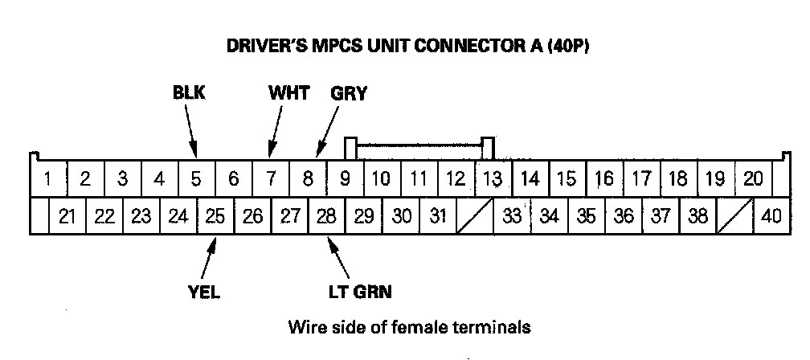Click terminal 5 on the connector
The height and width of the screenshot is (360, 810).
tap(196, 178)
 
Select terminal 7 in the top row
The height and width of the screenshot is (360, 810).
tap(272, 178)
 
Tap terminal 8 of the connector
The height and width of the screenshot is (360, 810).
tap(309, 178)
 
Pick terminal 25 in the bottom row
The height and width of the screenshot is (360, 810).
tap(215, 215)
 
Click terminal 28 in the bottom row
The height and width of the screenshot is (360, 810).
tap(326, 215)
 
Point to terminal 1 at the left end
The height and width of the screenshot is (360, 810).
tap(48, 178)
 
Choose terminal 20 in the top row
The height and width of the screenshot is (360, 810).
tap(753, 178)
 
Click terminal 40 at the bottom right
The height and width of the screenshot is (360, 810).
tap(771, 215)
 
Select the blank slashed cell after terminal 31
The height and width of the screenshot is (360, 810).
tap(474, 215)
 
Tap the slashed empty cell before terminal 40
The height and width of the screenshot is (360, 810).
tap(734, 215)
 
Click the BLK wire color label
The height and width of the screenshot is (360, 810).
tap(189, 93)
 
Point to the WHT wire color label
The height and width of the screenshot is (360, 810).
tap(288, 93)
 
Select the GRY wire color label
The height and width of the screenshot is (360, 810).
tap(349, 93)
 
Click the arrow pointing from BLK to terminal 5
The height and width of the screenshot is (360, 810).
tap(191, 129)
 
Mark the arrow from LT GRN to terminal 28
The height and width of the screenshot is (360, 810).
tap(340, 257)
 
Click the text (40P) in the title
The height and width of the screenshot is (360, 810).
tap(567, 46)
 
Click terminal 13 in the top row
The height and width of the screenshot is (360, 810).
tap(491, 178)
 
